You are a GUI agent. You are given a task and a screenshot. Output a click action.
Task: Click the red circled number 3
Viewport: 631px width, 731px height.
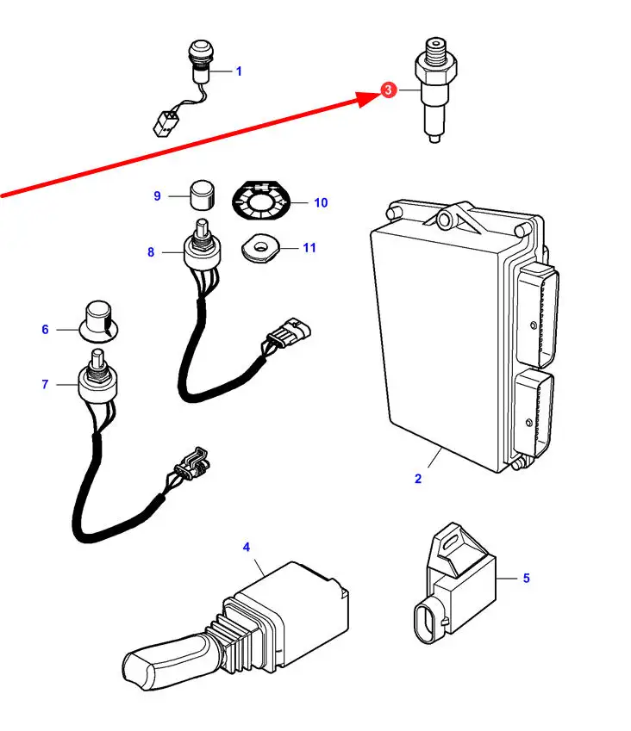point(388,90)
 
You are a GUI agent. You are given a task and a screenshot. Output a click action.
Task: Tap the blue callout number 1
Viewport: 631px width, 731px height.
point(239,71)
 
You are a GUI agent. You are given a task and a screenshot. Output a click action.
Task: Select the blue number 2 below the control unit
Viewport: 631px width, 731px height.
point(418,479)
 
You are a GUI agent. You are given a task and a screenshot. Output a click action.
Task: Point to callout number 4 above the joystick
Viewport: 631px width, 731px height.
point(247,547)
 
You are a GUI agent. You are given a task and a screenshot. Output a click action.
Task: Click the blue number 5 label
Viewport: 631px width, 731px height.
point(527,578)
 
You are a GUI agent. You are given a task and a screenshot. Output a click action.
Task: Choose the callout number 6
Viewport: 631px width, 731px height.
point(45,330)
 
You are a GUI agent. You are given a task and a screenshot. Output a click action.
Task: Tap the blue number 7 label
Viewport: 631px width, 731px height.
point(45,384)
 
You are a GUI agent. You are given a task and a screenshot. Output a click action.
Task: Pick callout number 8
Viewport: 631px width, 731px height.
point(151,252)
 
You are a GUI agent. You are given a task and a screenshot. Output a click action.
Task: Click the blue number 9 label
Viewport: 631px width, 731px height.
point(157,196)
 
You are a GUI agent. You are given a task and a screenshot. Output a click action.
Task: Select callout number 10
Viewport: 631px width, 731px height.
point(321,203)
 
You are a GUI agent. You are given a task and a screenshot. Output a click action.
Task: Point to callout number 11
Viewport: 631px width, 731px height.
point(309,248)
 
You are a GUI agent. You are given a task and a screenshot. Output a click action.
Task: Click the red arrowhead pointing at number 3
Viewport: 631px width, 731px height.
point(369,98)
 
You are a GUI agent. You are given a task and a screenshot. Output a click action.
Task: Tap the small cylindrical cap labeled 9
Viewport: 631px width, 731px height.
point(202,195)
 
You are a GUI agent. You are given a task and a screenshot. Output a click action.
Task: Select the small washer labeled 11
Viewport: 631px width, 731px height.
point(260,248)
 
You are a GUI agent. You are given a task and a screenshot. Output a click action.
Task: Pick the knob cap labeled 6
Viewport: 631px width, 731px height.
point(98,321)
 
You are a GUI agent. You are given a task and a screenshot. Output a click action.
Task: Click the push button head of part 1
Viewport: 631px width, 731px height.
point(200,50)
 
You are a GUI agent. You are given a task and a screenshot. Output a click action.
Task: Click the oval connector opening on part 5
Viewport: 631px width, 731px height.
point(428,623)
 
